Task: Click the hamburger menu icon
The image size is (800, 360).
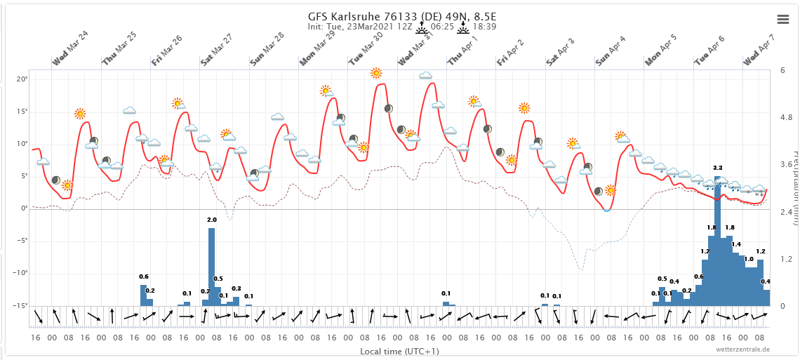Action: point(782,19)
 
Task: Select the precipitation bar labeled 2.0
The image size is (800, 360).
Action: point(211,267)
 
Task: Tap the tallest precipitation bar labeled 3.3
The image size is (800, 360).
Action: point(717,246)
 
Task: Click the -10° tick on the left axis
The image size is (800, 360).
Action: point(20,273)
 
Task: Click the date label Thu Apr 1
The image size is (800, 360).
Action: point(463,51)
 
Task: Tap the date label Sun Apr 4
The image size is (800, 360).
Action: point(611,51)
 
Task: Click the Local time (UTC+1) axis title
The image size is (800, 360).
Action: point(399,351)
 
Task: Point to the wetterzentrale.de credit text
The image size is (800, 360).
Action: point(742,349)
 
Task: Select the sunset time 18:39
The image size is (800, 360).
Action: point(484,27)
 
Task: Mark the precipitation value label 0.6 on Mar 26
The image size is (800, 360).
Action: point(144,276)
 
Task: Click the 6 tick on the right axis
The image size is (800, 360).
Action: point(785,70)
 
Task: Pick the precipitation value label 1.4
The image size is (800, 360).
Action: point(735,244)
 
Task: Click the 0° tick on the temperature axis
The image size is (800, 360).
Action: point(25,208)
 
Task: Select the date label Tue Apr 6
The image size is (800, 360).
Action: point(710,51)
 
